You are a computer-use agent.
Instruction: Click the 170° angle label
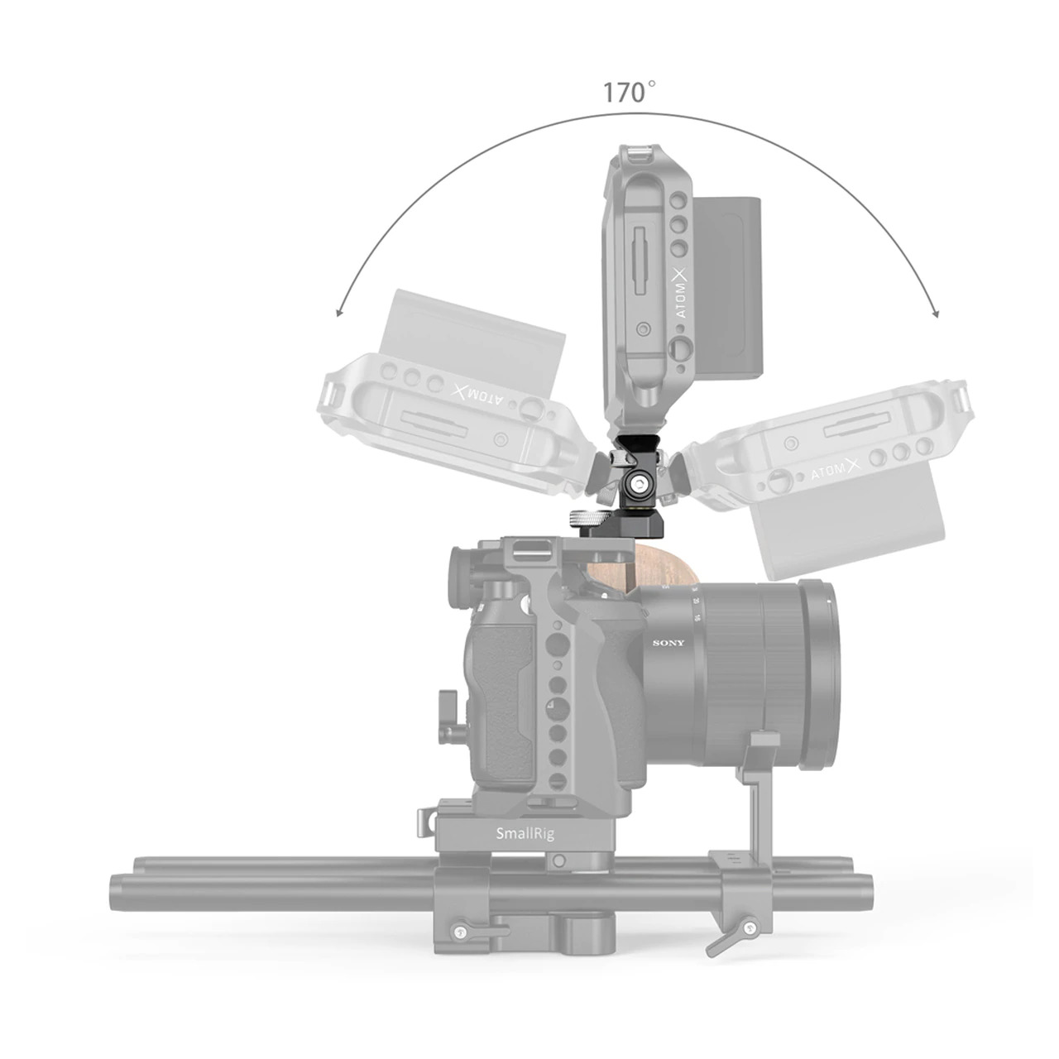tap(630, 92)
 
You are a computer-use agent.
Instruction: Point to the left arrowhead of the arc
tap(338, 312)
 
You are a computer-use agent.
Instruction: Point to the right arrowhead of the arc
tap(935, 312)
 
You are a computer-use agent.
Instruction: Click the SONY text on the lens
tap(669, 644)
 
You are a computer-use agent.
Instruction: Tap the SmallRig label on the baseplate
tap(525, 834)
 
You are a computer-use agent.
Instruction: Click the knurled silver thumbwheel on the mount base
tap(589, 519)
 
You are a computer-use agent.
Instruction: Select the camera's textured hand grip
tap(501, 712)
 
